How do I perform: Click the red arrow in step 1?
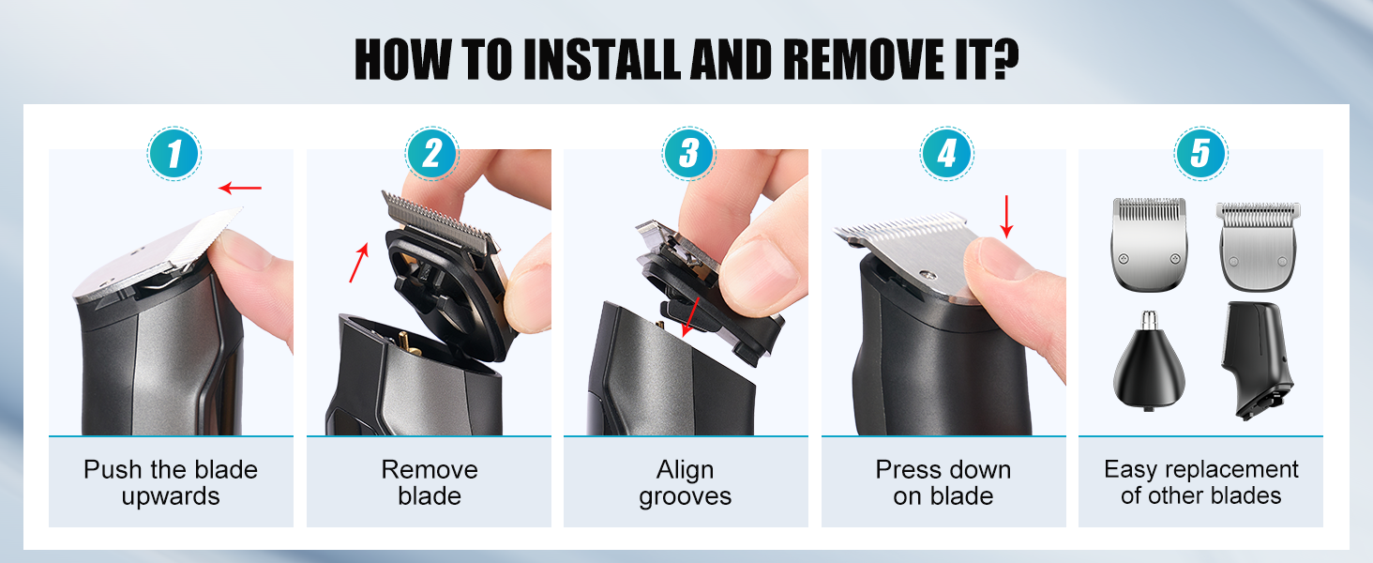(x=240, y=189)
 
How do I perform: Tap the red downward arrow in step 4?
(x=1007, y=216)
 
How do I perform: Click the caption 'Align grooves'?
(x=686, y=482)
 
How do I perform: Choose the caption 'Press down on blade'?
(x=943, y=482)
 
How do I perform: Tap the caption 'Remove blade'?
(x=430, y=482)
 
